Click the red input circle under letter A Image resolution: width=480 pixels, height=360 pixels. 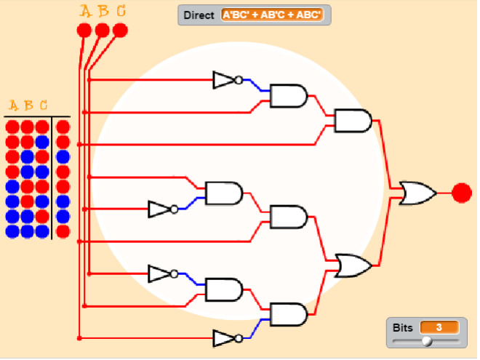(x=84, y=30)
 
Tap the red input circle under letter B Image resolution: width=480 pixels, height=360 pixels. (x=103, y=30)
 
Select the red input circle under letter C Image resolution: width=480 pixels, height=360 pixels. (x=120, y=30)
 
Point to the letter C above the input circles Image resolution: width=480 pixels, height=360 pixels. (x=120, y=11)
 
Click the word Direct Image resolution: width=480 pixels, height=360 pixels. (x=199, y=15)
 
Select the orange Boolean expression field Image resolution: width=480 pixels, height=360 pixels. (x=272, y=15)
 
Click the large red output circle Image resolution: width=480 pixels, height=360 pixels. (x=462, y=193)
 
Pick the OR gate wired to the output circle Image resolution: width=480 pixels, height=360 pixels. (x=417, y=193)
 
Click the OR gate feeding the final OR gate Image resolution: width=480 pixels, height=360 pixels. (x=353, y=265)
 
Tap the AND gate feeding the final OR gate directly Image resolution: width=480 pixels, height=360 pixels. (x=353, y=120)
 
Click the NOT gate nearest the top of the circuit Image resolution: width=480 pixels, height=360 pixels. (x=225, y=80)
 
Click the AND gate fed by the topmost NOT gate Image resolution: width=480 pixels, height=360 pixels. (x=289, y=95)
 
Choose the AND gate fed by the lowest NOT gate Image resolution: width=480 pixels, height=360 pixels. (x=289, y=314)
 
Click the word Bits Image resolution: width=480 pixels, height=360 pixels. (x=402, y=327)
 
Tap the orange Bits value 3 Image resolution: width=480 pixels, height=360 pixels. (x=439, y=327)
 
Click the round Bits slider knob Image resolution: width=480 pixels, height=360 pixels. (x=427, y=340)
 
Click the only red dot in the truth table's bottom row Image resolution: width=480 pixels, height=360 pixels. (x=63, y=231)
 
